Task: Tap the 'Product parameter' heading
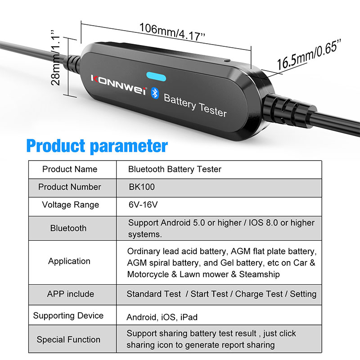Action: point(97,146)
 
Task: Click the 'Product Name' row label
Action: point(70,170)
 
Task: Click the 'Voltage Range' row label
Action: point(70,205)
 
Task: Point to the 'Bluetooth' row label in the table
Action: point(68,228)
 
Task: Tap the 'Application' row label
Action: point(69,261)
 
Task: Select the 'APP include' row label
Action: point(71,294)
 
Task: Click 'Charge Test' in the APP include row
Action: point(258,294)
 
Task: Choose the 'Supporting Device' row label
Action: point(68,315)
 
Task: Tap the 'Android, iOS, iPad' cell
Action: point(162,317)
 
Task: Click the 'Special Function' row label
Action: point(68,340)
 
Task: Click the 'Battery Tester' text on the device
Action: point(195,104)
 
